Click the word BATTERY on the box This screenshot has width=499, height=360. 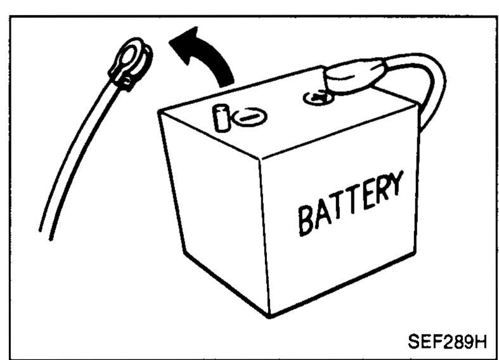click(351, 203)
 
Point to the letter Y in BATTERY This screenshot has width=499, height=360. click(396, 184)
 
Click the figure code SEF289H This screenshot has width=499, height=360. click(447, 341)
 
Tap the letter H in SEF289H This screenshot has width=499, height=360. click(481, 341)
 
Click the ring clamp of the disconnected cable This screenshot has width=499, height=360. click(131, 62)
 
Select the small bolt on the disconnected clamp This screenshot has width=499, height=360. click(127, 82)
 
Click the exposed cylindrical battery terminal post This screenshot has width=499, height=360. click(221, 118)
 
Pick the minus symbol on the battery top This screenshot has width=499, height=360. click(250, 117)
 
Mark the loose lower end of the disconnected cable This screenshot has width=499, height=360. click(45, 235)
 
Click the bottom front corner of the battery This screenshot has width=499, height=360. click(269, 316)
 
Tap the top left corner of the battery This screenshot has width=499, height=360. click(159, 112)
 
